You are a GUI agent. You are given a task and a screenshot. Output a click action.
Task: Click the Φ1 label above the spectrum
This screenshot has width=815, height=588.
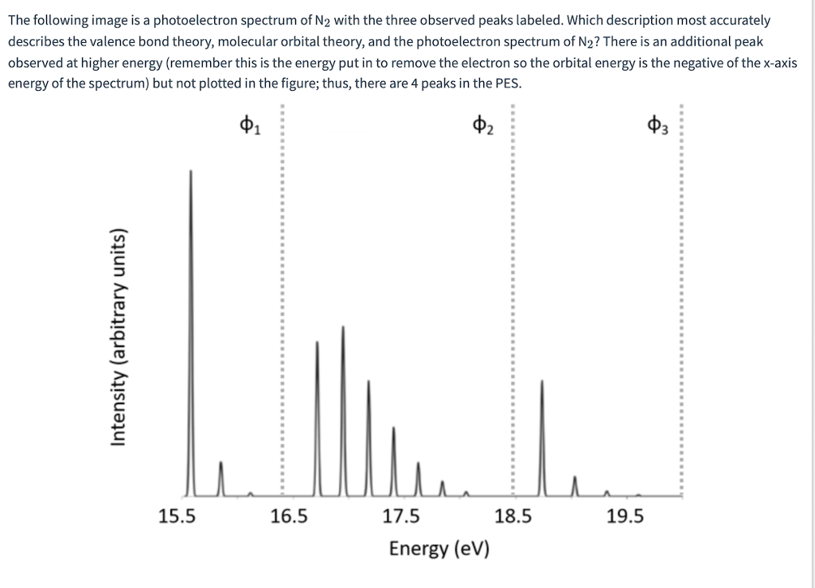tap(248, 125)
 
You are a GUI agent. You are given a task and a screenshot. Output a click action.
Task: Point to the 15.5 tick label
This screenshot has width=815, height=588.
tap(176, 517)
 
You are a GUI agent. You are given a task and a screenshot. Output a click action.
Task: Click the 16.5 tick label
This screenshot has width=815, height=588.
tap(288, 517)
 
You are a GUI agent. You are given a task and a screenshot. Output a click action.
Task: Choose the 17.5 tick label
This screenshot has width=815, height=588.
tap(400, 517)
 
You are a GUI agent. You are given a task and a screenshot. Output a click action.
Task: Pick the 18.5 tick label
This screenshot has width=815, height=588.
tap(513, 517)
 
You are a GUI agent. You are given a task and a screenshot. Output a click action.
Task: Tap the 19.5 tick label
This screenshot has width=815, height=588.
tap(625, 517)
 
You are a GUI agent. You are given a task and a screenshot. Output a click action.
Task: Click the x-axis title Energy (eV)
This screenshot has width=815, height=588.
tap(439, 549)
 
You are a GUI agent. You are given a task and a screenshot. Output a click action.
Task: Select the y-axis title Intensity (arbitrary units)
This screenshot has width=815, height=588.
tap(118, 337)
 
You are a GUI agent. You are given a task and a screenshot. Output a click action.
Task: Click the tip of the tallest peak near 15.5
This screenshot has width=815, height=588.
tap(191, 170)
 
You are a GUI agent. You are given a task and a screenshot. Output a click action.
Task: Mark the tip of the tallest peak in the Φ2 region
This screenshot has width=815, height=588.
tap(343, 326)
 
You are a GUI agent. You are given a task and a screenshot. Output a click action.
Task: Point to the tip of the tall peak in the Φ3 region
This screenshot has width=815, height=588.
tap(542, 381)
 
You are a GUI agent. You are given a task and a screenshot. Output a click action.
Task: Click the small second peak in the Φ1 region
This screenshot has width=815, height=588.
tap(221, 461)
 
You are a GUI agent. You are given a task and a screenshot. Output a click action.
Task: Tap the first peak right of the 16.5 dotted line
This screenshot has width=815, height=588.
tap(318, 342)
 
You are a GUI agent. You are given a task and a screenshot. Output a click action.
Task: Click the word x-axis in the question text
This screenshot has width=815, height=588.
tap(772, 63)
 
